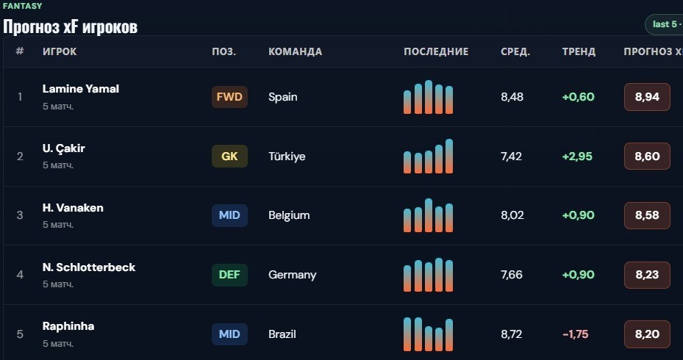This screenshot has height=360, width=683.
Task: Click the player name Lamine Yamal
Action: [81, 89]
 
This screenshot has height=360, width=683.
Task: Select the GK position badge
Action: [229, 156]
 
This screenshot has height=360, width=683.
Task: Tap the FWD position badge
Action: [229, 97]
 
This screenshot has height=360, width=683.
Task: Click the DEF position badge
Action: [229, 275]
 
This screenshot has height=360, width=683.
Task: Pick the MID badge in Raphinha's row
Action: [229, 334]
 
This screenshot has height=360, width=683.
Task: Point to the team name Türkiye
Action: [287, 156]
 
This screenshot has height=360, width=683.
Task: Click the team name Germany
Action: [293, 275]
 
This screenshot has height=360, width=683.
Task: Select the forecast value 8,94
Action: [647, 97]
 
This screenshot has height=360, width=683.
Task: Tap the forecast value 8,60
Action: [647, 156]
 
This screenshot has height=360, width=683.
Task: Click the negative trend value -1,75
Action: [576, 334]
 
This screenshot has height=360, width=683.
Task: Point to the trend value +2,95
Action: [577, 156]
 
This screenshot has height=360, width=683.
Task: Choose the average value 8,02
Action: [512, 215]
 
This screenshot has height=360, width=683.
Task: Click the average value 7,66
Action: [512, 275]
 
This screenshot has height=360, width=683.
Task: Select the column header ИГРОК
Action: [60, 51]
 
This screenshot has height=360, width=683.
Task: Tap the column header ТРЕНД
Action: [579, 51]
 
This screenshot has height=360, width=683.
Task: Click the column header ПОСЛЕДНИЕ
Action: [436, 51]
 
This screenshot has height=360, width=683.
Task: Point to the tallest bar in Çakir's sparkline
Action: [449, 156]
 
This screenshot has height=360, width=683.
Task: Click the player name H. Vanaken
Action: [73, 208]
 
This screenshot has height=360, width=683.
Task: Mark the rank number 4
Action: [20, 275]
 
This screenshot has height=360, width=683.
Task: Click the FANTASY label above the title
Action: [22, 6]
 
